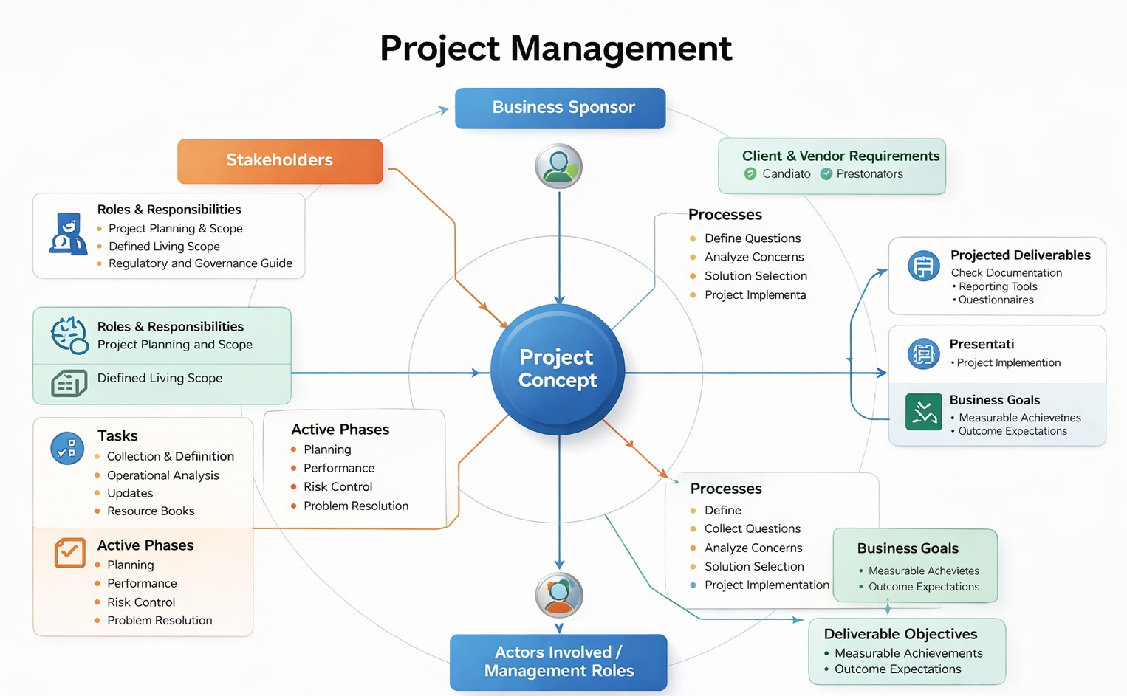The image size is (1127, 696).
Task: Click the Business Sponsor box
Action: [x=560, y=108]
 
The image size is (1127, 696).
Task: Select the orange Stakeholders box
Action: [x=280, y=160]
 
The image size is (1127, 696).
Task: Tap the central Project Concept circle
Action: [x=558, y=368]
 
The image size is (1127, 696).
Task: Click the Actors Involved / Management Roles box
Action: [x=558, y=661]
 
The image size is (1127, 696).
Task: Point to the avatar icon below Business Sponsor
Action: [x=558, y=166]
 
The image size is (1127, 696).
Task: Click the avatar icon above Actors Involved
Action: [x=559, y=595]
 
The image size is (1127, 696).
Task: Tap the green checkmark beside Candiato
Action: [x=750, y=174]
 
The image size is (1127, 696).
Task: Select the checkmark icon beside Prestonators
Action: [x=826, y=174]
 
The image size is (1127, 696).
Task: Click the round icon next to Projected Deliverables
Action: [x=923, y=266]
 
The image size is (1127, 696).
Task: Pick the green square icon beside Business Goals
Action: [x=923, y=411]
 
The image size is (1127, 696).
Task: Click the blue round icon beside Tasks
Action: [x=67, y=448]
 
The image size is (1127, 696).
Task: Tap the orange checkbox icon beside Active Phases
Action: [x=70, y=552]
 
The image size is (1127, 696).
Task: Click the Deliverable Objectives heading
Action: [x=900, y=634]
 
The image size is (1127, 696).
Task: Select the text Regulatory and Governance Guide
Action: [x=200, y=263]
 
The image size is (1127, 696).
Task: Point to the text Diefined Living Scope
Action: [x=160, y=378]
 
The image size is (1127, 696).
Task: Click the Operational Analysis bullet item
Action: [x=162, y=475]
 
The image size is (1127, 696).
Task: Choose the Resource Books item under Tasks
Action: [x=151, y=511]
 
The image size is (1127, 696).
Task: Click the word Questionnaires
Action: [x=996, y=300]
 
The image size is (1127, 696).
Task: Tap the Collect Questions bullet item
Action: [x=752, y=528]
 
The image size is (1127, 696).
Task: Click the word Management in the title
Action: [x=620, y=49]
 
